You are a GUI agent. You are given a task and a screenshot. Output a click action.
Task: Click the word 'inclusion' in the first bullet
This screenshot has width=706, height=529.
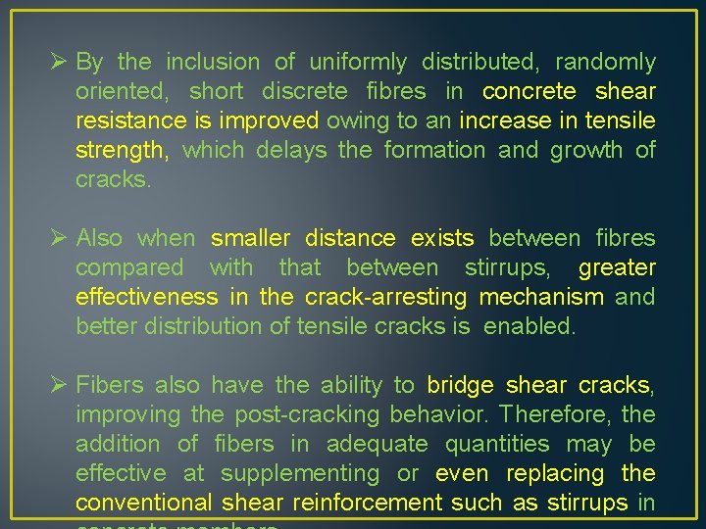click(x=213, y=63)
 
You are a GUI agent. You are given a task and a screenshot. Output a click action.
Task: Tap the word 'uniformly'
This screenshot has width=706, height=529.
click(x=357, y=63)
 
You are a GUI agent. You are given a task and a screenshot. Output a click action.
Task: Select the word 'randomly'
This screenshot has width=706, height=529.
click(x=605, y=63)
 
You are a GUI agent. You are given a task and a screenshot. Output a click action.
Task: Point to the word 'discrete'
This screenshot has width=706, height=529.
click(x=304, y=92)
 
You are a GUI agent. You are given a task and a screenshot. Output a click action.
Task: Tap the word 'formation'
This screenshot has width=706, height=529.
click(x=434, y=151)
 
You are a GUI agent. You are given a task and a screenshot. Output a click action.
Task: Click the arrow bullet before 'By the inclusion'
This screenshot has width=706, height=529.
click(x=58, y=62)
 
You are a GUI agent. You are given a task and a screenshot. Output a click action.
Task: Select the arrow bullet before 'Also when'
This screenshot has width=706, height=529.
click(x=58, y=238)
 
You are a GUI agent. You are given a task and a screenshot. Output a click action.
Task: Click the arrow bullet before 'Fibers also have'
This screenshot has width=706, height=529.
click(x=58, y=385)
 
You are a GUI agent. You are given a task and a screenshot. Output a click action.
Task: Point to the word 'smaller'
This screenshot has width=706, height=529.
click(x=250, y=238)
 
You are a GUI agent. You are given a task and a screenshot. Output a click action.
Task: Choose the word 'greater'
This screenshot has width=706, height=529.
click(x=617, y=267)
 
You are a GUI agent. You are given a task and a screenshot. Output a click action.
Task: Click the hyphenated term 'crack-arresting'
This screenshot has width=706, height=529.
click(x=385, y=297)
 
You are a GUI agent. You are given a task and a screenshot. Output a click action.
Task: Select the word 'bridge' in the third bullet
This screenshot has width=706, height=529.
click(x=460, y=385)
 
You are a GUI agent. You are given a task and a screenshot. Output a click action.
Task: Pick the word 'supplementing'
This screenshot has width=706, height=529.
click(x=300, y=473)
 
